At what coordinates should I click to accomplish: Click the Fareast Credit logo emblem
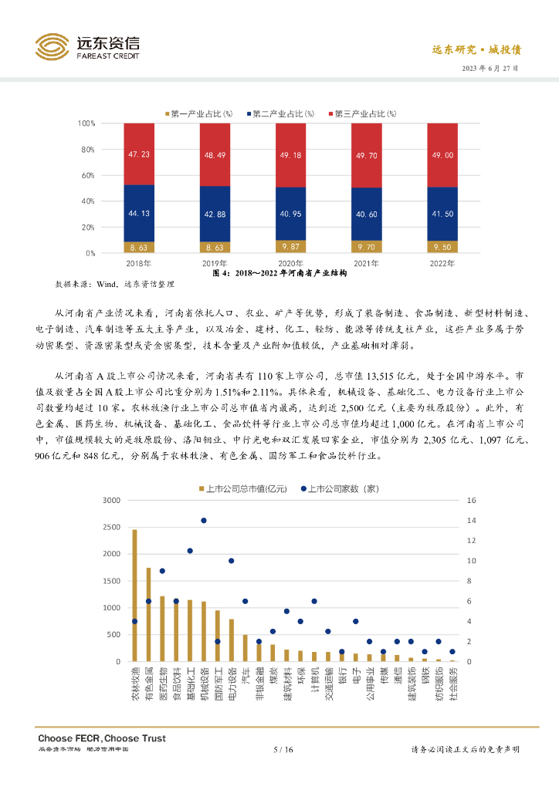53,46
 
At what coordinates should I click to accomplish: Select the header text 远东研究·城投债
476,49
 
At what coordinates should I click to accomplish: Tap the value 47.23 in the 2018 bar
139,154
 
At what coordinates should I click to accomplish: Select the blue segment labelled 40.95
290,214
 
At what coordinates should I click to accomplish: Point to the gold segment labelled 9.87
290,247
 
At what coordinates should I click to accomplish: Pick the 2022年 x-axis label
442,264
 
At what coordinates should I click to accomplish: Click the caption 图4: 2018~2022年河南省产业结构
279,274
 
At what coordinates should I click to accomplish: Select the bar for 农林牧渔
134,596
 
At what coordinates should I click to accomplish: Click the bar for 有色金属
148,615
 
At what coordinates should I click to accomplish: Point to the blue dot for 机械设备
204,521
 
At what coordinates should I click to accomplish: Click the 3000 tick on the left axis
111,501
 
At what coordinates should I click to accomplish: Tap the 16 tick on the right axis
472,501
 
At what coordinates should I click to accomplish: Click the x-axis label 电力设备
231,683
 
